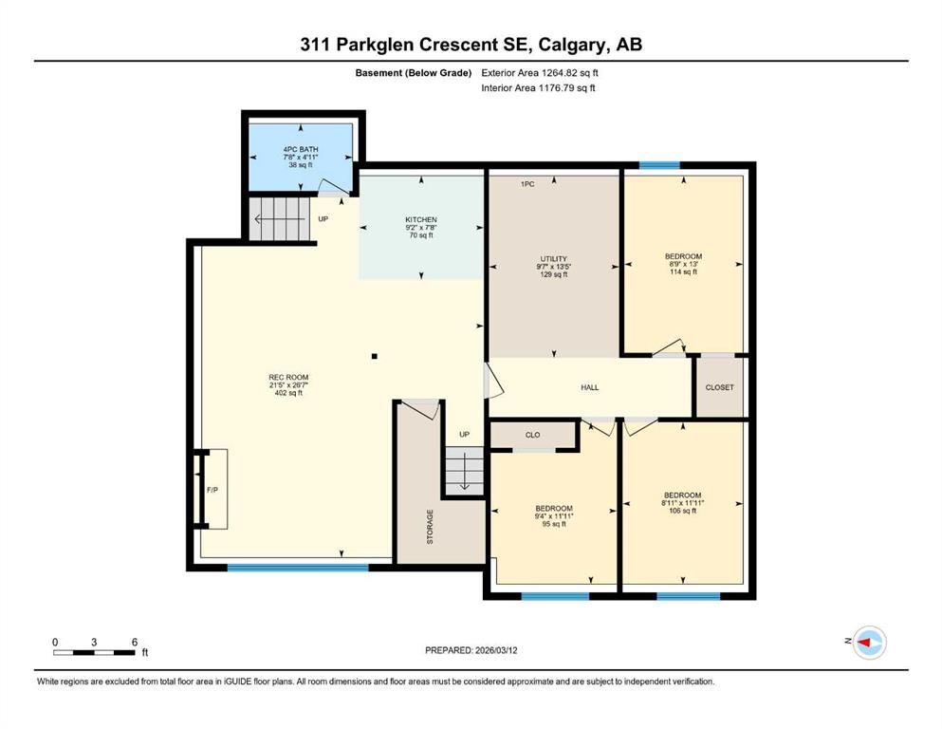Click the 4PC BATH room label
pos(301,150)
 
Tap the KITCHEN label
pos(421,220)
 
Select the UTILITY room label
pos(553,259)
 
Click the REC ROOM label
pos(288,378)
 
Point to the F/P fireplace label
pos(212,490)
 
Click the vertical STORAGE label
pos(430,527)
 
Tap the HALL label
pos(590,387)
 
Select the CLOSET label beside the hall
pos(720,387)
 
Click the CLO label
pos(533,435)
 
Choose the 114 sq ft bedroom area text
pos(684,271)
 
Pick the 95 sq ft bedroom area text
pos(554,524)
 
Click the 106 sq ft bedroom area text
pos(682,511)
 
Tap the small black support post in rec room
pos(375,356)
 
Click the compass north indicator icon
pos(869,643)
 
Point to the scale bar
pos(94,653)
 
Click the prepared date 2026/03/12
pos(496,650)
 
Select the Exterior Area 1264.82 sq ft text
pos(540,73)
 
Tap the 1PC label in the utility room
pos(527,184)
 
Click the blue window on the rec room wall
pos(298,568)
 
